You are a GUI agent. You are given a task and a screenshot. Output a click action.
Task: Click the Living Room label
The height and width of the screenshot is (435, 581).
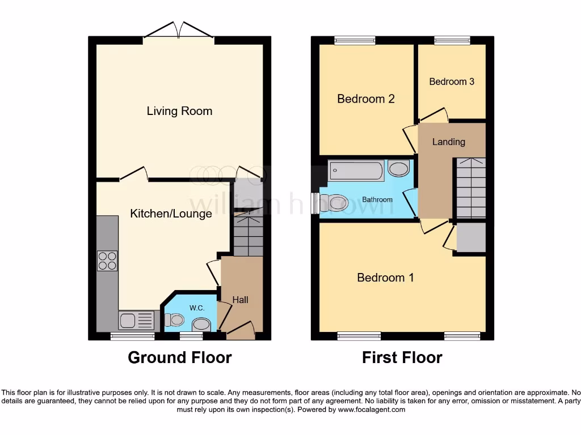179,111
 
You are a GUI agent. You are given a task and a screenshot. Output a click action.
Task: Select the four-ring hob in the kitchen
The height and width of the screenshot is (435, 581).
107,261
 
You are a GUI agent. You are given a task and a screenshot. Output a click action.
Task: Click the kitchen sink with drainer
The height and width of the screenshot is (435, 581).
136,321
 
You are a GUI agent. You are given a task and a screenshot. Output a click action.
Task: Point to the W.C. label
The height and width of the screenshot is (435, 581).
197,308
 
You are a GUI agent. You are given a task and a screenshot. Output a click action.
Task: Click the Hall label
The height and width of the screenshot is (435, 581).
240,300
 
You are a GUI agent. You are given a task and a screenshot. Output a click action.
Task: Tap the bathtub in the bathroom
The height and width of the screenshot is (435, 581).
356,170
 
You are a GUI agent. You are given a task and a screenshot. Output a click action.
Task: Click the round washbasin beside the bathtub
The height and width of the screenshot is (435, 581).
399,169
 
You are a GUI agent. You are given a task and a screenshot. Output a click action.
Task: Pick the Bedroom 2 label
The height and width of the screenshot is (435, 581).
365,99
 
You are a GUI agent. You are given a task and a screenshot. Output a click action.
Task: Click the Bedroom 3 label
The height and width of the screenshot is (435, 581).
452,82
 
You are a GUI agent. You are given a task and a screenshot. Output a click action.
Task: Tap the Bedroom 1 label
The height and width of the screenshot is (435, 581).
385,278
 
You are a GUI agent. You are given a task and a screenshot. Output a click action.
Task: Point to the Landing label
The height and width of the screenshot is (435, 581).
448,142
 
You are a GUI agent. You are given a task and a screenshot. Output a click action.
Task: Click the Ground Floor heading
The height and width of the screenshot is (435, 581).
179,358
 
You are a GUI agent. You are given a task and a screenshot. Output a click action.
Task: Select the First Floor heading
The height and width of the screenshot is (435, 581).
402,358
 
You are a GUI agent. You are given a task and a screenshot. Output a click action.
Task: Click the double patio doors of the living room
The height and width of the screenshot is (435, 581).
178,31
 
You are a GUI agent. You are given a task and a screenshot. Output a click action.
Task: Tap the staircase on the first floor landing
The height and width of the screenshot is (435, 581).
471,188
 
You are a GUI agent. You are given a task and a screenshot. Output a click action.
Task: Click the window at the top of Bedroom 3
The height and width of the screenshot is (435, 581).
452,40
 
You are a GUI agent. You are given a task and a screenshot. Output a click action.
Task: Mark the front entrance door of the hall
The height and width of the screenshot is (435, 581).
241,332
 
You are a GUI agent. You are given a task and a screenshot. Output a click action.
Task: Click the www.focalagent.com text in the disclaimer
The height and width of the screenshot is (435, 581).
373,410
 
